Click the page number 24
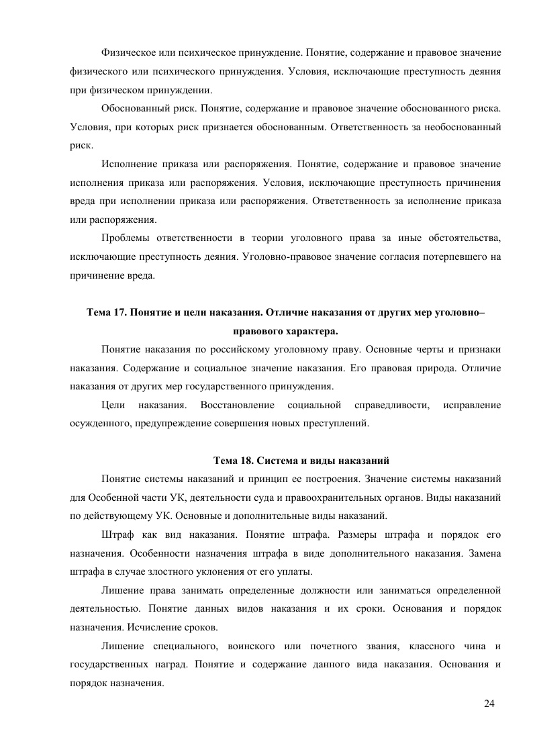pyautogui.click(x=489, y=703)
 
